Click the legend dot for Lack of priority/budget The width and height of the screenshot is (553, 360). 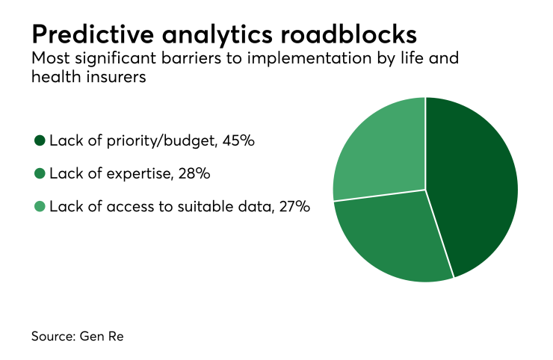coord(40,140)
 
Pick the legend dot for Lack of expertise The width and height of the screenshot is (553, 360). coord(40,173)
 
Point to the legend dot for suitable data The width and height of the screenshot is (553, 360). coord(40,206)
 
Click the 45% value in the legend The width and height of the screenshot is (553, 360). coord(239,140)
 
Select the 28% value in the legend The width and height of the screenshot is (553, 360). coord(194,173)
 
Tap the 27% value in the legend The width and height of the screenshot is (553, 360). coord(294,206)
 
